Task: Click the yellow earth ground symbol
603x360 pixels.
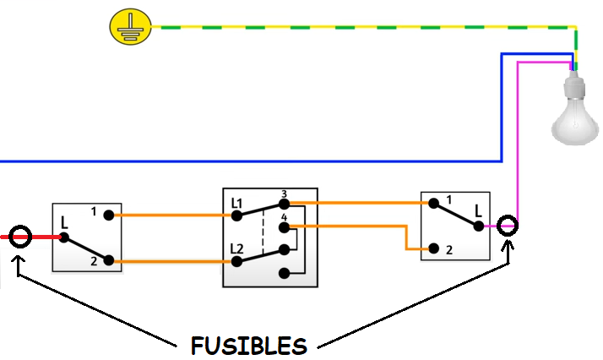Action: [126, 27]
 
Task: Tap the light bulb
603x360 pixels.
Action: [574, 114]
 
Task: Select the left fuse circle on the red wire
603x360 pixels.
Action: [21, 236]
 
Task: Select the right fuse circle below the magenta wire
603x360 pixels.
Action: [507, 226]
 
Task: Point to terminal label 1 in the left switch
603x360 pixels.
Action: [94, 210]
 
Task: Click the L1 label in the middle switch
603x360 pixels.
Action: [236, 205]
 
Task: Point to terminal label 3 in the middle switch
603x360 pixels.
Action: [284, 194]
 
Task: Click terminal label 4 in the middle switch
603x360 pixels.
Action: [284, 217]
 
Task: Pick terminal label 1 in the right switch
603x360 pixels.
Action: [448, 199]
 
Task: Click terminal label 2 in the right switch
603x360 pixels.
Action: [448, 250]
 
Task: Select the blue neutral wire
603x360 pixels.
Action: [253, 160]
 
